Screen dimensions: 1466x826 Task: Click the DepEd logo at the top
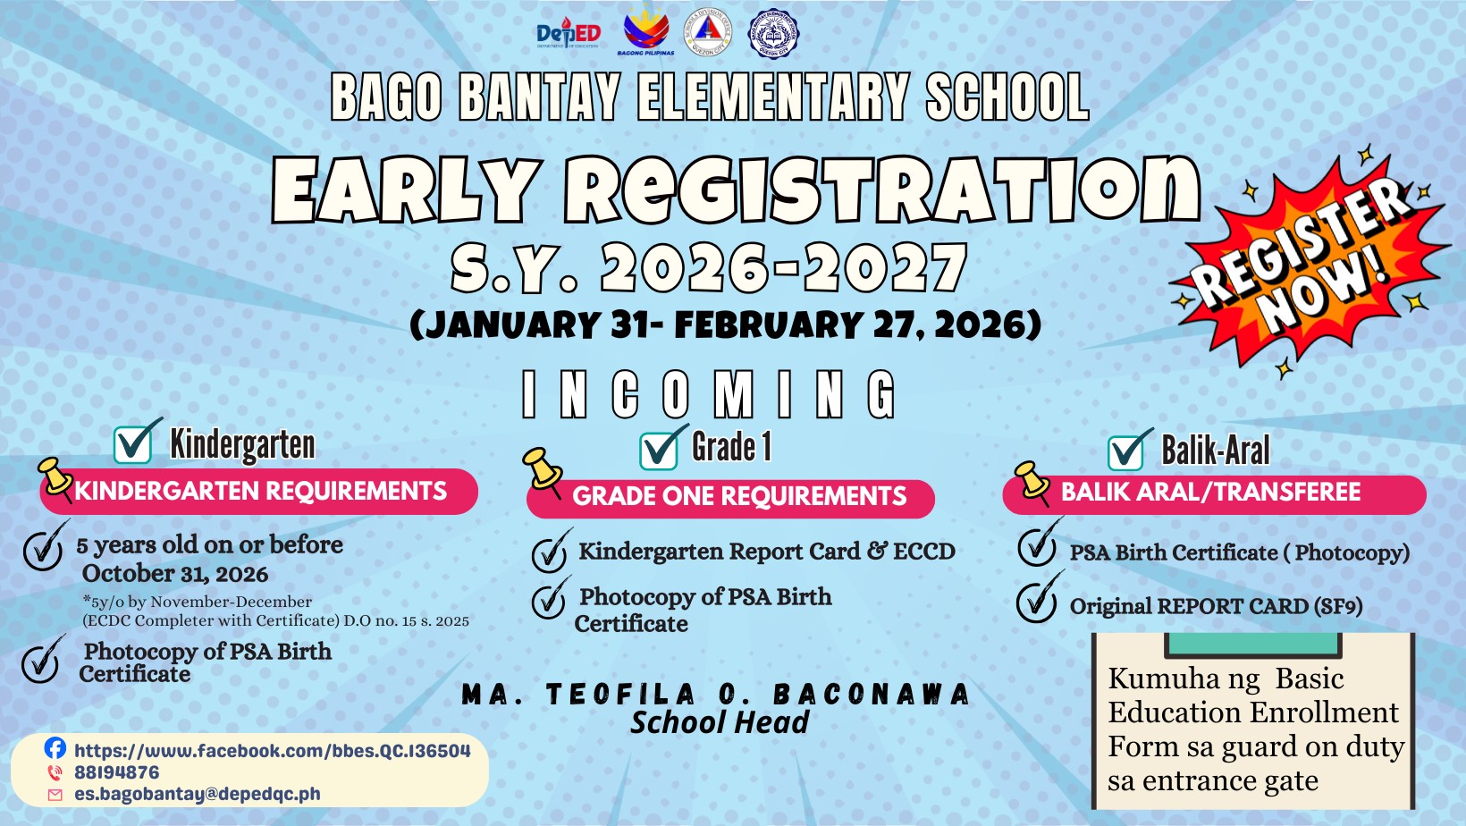[x=569, y=33]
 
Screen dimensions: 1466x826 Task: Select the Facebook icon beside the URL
[x=55, y=748]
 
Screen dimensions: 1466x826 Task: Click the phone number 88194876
[x=116, y=772]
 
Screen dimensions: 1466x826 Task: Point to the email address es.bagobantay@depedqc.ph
[x=197, y=794]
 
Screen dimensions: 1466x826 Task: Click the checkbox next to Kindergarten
[x=136, y=442]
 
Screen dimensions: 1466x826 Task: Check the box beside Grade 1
[x=662, y=449]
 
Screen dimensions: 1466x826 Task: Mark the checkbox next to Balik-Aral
[x=1129, y=451]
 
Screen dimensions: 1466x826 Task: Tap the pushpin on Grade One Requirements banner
[x=543, y=471]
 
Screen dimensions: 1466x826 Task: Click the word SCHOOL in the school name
[x=1007, y=97]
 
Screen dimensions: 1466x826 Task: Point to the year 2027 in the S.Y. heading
[x=886, y=267]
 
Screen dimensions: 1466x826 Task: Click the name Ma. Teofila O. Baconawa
[x=716, y=695]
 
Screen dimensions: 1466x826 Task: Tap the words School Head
[x=720, y=722]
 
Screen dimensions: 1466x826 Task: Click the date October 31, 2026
[x=174, y=574]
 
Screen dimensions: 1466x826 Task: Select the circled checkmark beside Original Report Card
[x=1039, y=597]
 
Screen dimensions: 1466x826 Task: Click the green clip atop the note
[x=1253, y=645]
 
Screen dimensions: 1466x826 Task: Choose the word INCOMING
[x=709, y=394]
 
